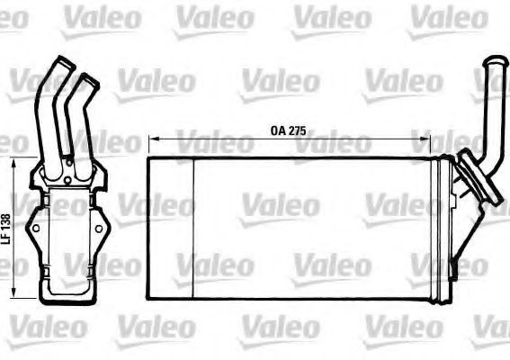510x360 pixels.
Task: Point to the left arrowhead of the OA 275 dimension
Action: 151,139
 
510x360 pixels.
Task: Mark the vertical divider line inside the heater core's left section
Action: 194,229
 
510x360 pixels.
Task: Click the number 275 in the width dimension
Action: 298,130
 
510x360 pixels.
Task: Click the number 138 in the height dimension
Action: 10,220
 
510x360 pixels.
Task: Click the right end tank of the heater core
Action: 447,229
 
